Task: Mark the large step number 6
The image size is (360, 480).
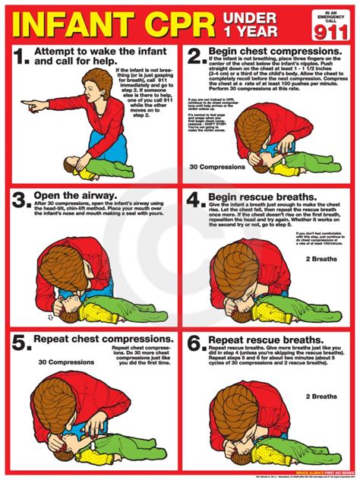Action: [x=197, y=346]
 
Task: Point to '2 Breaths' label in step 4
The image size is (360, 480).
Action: [x=321, y=259]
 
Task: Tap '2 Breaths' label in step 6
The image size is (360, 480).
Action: [x=321, y=396]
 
